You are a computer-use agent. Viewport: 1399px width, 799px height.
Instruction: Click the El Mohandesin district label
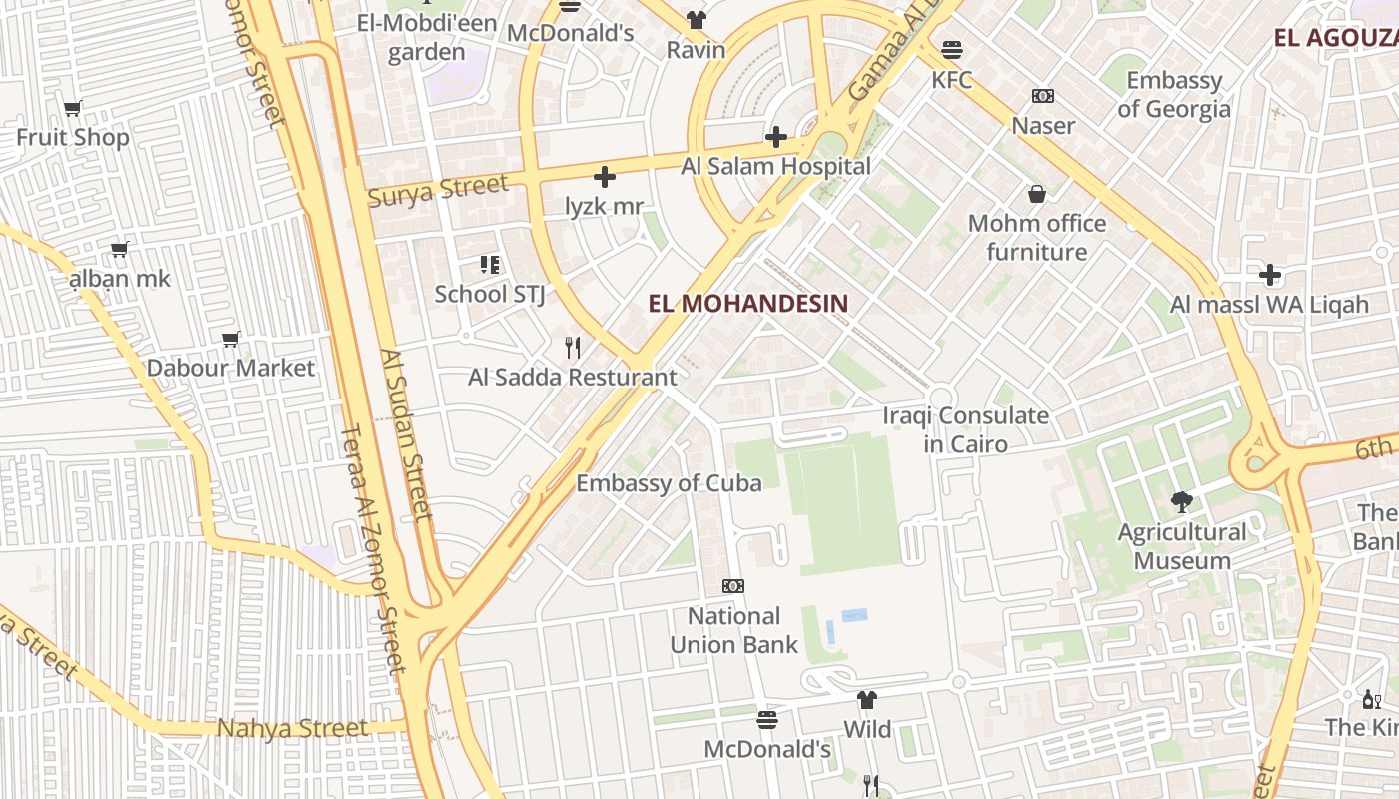[x=747, y=303]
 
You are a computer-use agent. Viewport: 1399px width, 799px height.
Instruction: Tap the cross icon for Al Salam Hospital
[x=776, y=137]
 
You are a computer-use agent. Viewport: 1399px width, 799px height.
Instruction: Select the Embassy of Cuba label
[x=669, y=483]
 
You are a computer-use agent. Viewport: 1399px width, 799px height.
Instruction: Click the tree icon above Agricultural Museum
[x=1182, y=502]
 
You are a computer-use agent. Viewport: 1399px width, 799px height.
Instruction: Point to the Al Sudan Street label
[x=407, y=434]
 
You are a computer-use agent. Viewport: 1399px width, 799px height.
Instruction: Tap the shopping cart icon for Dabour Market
[x=231, y=340]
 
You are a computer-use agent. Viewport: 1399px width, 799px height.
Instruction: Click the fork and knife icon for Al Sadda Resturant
[x=573, y=348]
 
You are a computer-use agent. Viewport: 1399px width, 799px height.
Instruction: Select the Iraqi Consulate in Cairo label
[x=965, y=429]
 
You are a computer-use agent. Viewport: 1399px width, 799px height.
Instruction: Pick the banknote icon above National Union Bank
[x=733, y=586]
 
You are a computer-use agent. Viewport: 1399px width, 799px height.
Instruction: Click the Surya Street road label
[x=438, y=189]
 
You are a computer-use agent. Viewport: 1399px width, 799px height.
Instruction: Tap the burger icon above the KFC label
[x=951, y=49]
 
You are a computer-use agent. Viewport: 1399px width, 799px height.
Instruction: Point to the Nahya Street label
[x=293, y=728]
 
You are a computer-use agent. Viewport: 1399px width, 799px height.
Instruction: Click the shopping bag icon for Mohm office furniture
[x=1037, y=194]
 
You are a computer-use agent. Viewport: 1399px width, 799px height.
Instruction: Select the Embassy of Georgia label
[x=1174, y=94]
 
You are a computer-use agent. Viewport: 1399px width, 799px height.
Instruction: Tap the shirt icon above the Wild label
[x=867, y=700]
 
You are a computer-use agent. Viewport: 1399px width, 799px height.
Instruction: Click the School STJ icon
[x=489, y=265]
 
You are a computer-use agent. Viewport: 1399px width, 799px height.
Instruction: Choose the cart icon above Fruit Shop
[x=72, y=109]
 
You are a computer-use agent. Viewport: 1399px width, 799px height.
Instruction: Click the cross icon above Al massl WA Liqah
[x=1269, y=275]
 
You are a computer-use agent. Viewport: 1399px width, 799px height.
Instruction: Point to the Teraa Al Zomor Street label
[x=372, y=549]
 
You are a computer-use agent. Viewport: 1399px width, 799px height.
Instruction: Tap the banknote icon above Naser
[x=1043, y=96]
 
